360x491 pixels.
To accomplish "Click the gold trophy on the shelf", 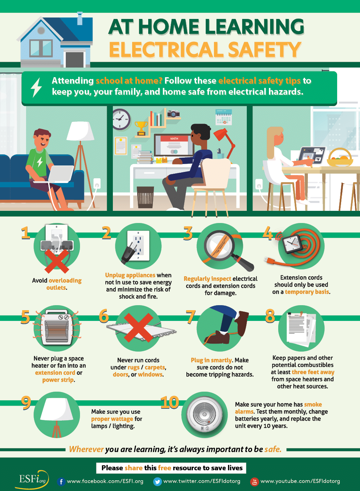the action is coord(141,128).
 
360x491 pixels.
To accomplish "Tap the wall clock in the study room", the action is coord(121,119).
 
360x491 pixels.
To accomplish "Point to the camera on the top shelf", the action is coord(174,114).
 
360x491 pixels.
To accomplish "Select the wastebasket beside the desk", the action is coord(145,197).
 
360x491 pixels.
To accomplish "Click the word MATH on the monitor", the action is coord(174,139).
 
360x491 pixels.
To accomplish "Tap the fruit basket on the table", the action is coord(340,157).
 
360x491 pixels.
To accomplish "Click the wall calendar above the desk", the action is coord(224,117).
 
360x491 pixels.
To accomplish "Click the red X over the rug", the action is coord(139,327).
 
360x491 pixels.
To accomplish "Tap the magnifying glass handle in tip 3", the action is coord(244,264).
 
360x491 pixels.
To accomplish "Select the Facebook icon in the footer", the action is coord(61,482).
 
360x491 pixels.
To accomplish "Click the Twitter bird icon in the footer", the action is coord(157,482).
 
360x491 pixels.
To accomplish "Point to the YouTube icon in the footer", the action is coord(254,482).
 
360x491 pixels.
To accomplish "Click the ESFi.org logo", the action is coord(32,480).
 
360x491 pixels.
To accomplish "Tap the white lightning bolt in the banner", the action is coord(36,87).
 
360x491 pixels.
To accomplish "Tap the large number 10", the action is coord(170,402).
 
